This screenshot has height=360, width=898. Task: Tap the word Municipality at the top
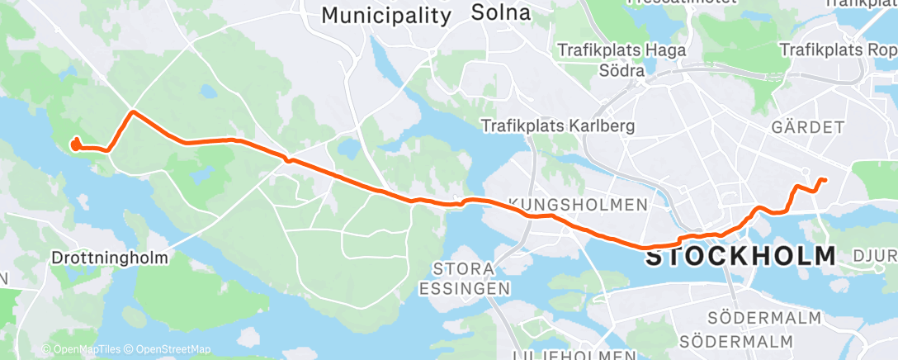point(386,15)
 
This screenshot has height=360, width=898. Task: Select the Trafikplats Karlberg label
point(559,126)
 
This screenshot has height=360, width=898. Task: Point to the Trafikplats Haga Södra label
point(622,60)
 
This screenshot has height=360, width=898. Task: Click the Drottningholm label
point(110,258)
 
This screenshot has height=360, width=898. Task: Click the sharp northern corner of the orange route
point(131,111)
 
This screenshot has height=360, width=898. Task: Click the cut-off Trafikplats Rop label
point(839,50)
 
